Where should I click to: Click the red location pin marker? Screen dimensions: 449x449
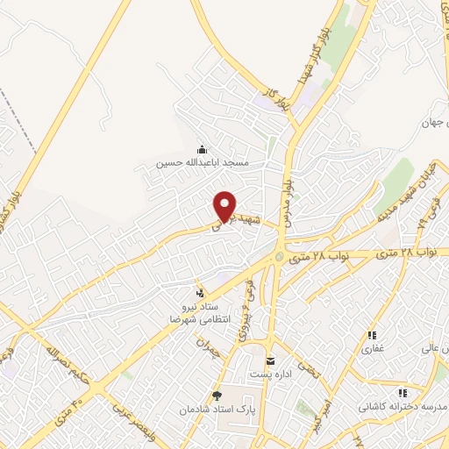[x=226, y=207]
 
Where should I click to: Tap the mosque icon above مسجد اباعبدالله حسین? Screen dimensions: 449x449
[x=203, y=149]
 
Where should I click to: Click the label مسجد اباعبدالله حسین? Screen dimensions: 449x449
[x=203, y=163]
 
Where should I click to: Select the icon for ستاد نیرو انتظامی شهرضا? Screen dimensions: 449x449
[x=202, y=292]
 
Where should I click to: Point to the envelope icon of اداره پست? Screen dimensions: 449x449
[x=269, y=361]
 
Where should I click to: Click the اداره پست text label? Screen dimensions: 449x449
[x=269, y=374]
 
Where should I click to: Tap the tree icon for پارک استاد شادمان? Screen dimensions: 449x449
[x=217, y=396]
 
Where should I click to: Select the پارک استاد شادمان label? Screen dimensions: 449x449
[x=217, y=410]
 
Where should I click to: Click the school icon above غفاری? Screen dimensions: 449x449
[x=372, y=335]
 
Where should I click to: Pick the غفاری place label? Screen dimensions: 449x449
[x=372, y=348]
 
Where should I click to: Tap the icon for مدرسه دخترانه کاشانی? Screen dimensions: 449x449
[x=403, y=394]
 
